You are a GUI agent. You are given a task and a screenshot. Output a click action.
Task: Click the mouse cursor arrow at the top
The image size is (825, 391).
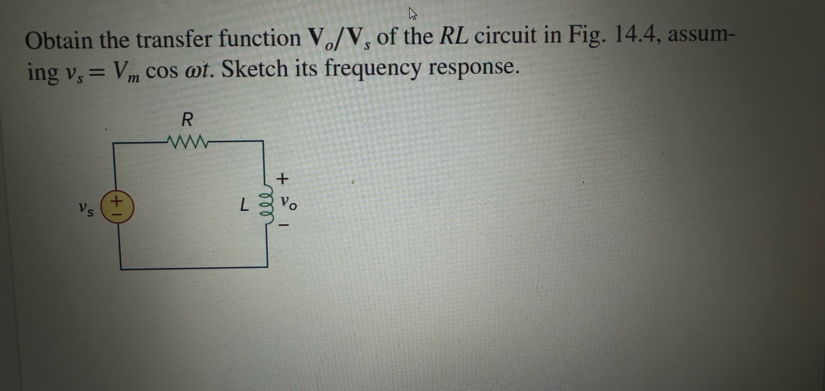point(413,14)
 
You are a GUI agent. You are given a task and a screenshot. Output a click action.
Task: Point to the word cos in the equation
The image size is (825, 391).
point(162,71)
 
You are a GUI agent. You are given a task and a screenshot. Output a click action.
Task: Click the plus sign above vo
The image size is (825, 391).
point(282,179)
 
